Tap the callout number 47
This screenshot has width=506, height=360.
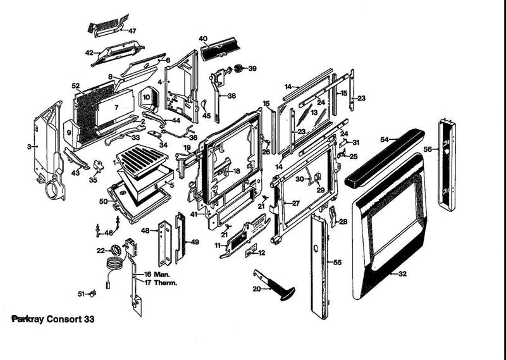(x=132, y=31)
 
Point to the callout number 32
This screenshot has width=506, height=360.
(x=402, y=274)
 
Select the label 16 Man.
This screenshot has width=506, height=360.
(x=157, y=274)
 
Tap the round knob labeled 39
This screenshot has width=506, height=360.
(x=240, y=68)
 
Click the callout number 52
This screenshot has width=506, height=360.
(x=75, y=85)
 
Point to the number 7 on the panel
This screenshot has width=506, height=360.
(x=116, y=108)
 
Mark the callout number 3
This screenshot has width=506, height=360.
(x=29, y=147)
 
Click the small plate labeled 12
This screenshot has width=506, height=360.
(x=252, y=252)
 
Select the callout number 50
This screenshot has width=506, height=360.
(x=103, y=201)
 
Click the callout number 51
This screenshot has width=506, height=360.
(x=81, y=294)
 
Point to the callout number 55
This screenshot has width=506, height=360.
(x=337, y=262)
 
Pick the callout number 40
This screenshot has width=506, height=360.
(x=203, y=39)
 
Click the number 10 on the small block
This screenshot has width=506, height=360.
(x=145, y=98)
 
